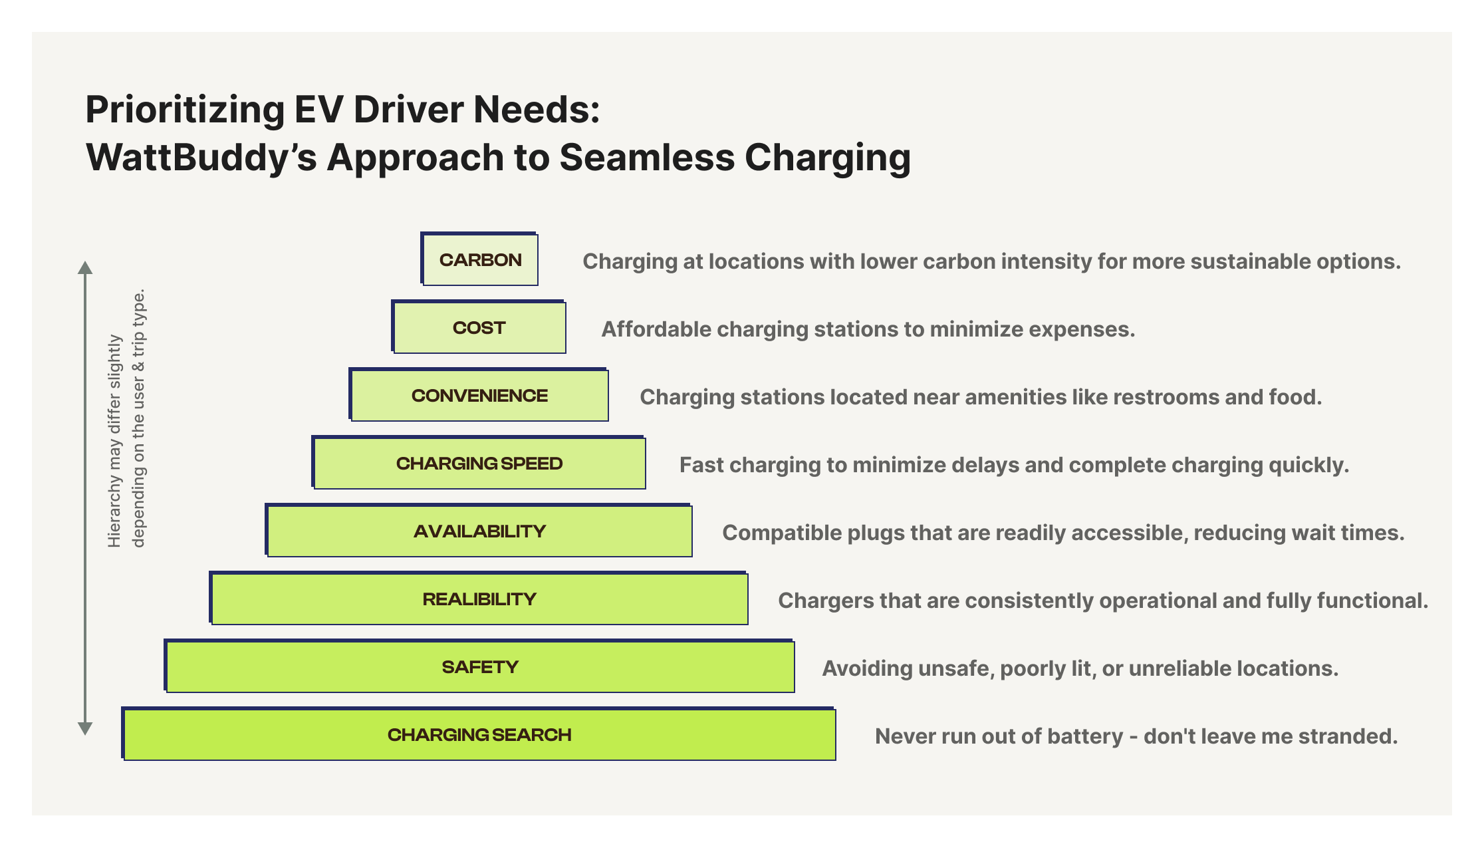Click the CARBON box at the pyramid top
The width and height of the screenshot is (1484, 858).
pyautogui.click(x=479, y=259)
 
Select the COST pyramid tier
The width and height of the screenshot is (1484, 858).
pyautogui.click(x=479, y=327)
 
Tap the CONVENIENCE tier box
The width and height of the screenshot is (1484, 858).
pyautogui.click(x=479, y=395)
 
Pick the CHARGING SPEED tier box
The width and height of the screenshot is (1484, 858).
pyautogui.click(x=479, y=463)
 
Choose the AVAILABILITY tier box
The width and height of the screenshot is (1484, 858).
pyautogui.click(x=479, y=531)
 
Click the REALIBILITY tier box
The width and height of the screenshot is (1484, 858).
pyautogui.click(x=479, y=599)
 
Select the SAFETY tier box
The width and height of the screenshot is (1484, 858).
pyautogui.click(x=479, y=666)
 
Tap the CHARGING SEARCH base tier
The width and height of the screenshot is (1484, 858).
pyautogui.click(x=479, y=734)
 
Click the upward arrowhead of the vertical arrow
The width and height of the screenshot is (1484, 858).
pyautogui.click(x=85, y=268)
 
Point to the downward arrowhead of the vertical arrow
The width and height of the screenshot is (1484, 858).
pyautogui.click(x=85, y=728)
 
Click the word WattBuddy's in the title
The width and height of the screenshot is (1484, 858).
pyautogui.click(x=201, y=158)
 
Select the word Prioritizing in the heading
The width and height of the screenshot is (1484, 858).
pyautogui.click(x=185, y=110)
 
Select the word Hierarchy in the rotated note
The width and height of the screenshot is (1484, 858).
pyautogui.click(x=114, y=517)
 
